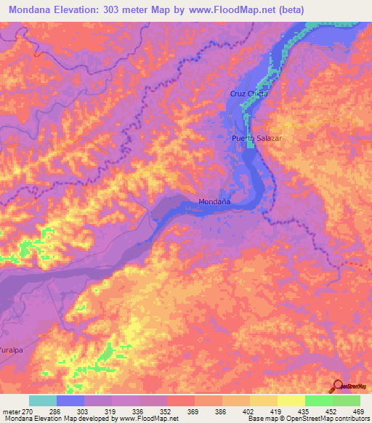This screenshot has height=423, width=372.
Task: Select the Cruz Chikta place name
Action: tap(248, 94)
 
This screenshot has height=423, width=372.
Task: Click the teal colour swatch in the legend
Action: tap(43, 400)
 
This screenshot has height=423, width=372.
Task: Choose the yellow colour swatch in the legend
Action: tap(291, 400)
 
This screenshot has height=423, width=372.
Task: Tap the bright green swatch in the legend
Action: tap(318, 400)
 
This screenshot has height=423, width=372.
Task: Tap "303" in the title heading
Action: tap(126, 9)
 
